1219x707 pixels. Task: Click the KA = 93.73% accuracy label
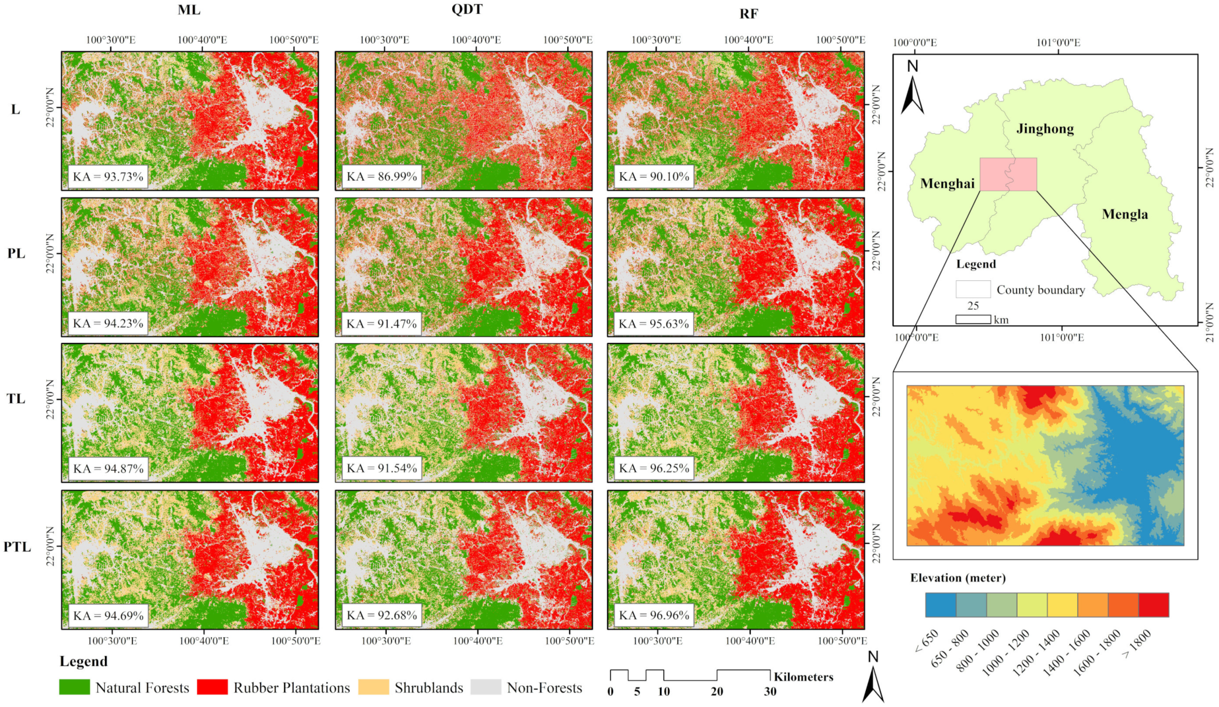[x=108, y=177]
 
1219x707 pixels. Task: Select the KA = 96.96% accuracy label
[x=654, y=615]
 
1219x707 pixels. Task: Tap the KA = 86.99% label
[x=381, y=177]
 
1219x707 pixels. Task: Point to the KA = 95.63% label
[x=654, y=323]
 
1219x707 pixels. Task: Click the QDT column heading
[x=466, y=10]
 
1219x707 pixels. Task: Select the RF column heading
[x=748, y=14]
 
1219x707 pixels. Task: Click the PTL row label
[x=17, y=547]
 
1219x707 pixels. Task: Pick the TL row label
[x=16, y=399]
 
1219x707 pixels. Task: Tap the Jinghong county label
[x=1045, y=129]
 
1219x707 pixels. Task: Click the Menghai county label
[x=947, y=184]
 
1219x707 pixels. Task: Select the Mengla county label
[x=1124, y=214]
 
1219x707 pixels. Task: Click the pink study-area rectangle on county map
[x=1008, y=174]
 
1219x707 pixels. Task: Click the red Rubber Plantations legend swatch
[x=212, y=687]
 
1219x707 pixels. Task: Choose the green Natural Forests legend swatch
[x=74, y=687]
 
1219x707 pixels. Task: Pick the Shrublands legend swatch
[x=373, y=687]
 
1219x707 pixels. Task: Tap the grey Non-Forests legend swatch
[x=485, y=687]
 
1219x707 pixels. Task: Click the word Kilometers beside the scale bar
[x=803, y=677]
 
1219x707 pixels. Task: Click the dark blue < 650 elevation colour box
[x=940, y=605]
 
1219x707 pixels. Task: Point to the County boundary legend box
[x=972, y=289]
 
